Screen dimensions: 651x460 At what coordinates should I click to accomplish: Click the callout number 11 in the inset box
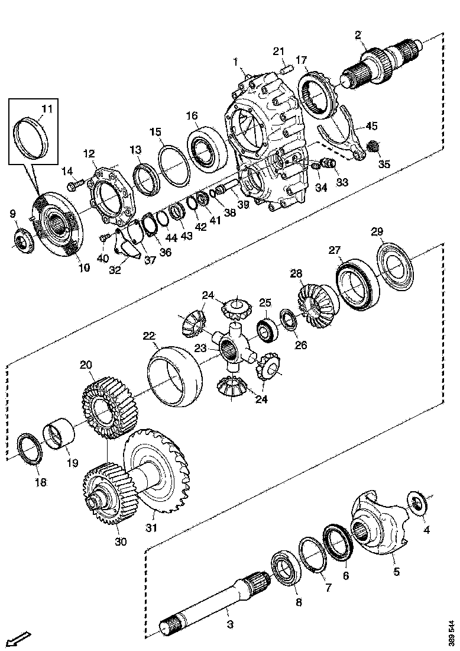(47, 108)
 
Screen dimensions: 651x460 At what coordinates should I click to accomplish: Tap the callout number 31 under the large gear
(152, 527)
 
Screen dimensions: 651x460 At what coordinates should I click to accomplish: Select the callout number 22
(148, 336)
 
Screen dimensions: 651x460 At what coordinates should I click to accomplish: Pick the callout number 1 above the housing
(235, 61)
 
